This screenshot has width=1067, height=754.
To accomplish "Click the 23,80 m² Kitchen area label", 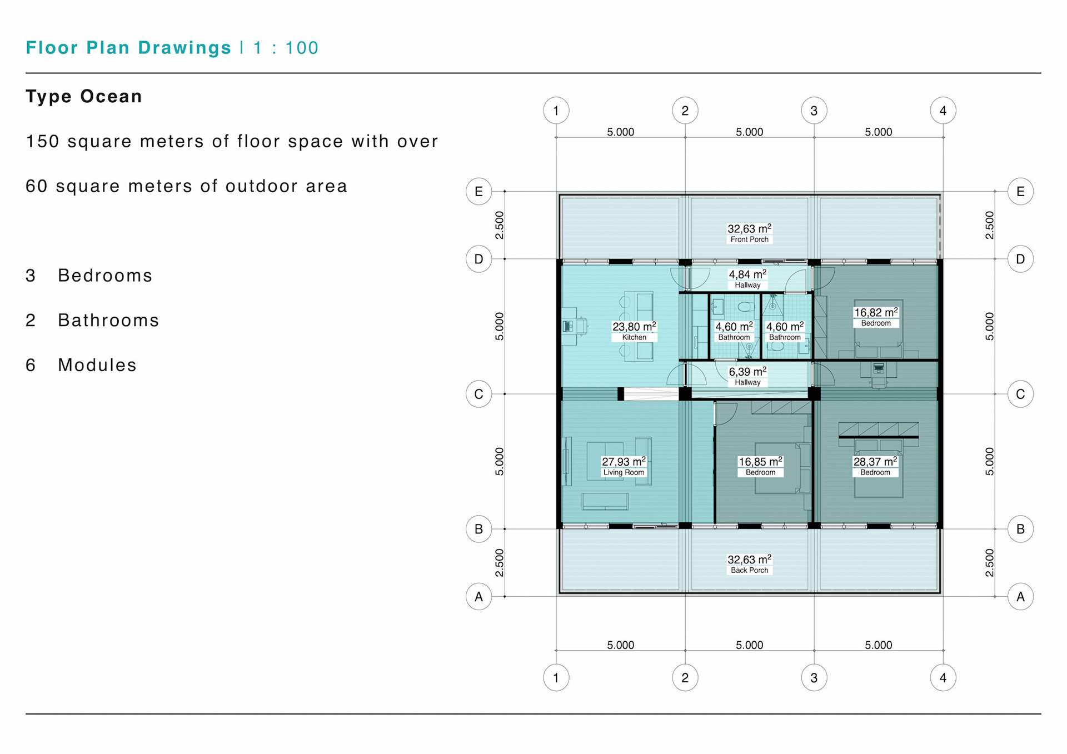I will pos(634,331).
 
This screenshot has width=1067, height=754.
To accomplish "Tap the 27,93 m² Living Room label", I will pos(624,466).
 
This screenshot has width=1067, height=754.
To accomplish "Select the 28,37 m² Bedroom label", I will pos(875,466).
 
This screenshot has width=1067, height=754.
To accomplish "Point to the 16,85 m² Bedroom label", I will pos(760,466).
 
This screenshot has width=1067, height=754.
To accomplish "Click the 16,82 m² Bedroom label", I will pos(876,317).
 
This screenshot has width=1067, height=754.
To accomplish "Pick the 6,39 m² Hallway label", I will pos(747,376).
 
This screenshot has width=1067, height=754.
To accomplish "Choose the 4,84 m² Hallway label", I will pos(747,279).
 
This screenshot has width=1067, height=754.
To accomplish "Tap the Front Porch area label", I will pos(749,233).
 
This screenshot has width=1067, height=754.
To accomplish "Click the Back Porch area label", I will pos(749,564).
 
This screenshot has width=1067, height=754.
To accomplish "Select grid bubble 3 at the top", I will pos(814,111).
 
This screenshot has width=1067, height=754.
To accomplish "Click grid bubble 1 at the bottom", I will pos(556,677).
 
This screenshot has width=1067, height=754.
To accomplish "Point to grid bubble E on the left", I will pos(478,192).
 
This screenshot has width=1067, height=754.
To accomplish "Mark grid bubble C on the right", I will pos(1020,394).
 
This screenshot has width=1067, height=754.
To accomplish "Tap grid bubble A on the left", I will pos(478,597).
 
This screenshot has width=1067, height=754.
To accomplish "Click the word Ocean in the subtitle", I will pos(111,96).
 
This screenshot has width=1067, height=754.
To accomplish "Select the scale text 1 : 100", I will pos(286,48).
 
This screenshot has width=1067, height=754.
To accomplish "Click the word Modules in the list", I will pos(97,365).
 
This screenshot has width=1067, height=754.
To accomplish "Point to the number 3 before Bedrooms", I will pos(31,276).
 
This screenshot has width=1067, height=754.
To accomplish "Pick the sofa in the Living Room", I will pos(605,501).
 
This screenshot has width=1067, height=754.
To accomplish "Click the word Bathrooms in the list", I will pos(108,321).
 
